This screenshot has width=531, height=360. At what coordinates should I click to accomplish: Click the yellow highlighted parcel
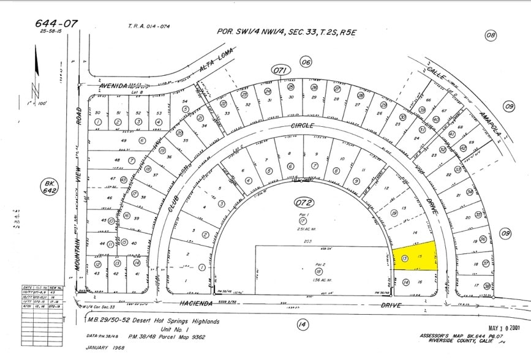(x=416, y=256)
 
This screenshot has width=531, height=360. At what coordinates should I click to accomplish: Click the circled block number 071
(x=281, y=71)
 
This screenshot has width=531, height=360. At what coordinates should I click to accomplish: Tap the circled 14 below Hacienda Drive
(x=301, y=324)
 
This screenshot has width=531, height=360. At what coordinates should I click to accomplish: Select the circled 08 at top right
(x=491, y=36)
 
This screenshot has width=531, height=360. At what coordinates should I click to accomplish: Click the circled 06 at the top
(x=306, y=61)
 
